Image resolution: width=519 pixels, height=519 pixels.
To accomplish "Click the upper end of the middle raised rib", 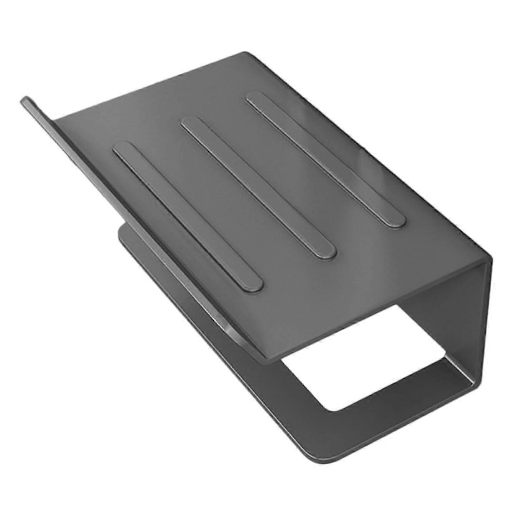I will click(190, 124).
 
